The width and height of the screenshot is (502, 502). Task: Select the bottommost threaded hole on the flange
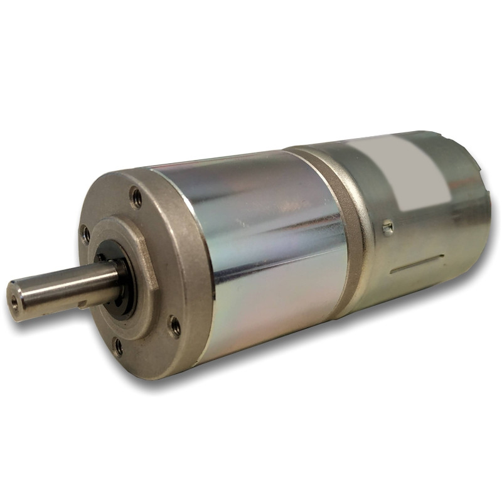point(117,346)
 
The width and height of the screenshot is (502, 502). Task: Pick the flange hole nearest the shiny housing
point(174,325)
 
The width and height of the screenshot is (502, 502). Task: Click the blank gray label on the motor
point(402,173)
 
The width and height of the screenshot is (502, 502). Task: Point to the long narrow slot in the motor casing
point(417,264)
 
